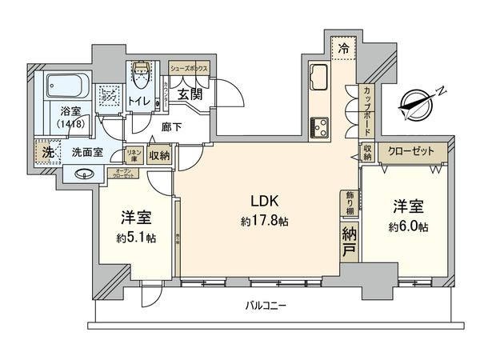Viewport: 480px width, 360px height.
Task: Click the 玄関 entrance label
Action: point(190,94)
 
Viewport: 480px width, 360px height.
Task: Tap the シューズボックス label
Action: point(190,69)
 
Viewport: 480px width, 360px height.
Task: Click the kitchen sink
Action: point(317,78)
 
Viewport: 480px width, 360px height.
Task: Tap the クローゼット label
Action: point(411,151)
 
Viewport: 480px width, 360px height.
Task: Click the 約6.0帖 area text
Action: point(409,227)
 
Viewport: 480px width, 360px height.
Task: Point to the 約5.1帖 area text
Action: point(135,238)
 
